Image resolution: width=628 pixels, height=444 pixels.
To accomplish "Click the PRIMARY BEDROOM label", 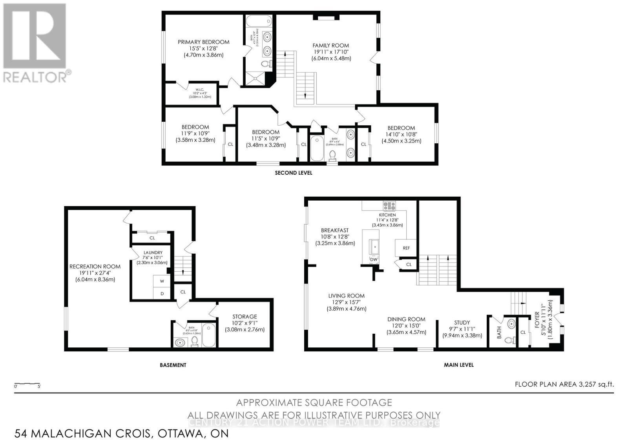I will tap(203, 42).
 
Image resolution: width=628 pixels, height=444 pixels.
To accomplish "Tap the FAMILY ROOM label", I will tap(330, 46).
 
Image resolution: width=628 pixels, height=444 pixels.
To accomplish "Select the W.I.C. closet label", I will tap(194, 89).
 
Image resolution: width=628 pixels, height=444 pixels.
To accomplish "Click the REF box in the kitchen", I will tap(406, 248).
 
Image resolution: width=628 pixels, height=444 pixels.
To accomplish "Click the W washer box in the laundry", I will tap(162, 281).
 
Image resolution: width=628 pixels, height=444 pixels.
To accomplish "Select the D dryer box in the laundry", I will tap(162, 294).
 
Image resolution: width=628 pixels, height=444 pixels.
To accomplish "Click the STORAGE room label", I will tap(245, 316).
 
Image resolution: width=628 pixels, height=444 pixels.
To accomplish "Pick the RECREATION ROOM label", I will tap(95, 267).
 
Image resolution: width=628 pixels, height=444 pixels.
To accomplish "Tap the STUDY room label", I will tap(462, 323).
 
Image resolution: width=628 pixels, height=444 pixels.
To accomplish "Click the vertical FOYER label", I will tap(544, 320).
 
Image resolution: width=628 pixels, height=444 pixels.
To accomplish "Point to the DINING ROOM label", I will tap(406, 320).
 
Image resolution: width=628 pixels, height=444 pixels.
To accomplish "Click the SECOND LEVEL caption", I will tap(293, 173).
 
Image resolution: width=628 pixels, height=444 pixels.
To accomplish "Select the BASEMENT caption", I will tap(173, 365).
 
